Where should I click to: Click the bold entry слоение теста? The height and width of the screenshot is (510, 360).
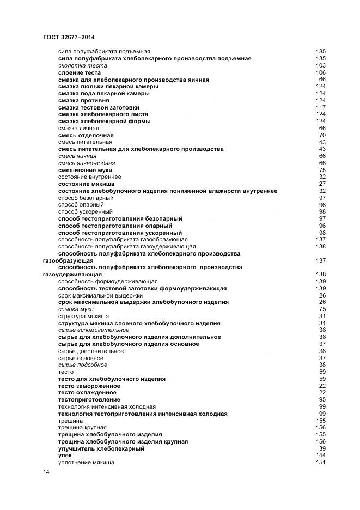(80, 72)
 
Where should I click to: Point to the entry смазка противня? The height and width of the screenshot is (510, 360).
(83, 100)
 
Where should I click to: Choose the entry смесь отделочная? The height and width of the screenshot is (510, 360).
(86, 135)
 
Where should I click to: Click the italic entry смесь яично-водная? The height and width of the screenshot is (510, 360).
(87, 163)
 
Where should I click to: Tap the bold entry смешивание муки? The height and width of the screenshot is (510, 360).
(86, 170)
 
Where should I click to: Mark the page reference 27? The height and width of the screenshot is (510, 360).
(322, 184)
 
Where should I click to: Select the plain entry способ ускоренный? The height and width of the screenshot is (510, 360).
(86, 211)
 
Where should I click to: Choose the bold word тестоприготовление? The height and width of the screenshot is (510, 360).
(89, 400)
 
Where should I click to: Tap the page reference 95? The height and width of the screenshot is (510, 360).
(322, 400)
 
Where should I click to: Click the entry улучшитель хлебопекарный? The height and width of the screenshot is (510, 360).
(101, 448)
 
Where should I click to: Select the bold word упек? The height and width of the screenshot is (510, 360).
(65, 456)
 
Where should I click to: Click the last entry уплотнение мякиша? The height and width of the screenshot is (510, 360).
(86, 463)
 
